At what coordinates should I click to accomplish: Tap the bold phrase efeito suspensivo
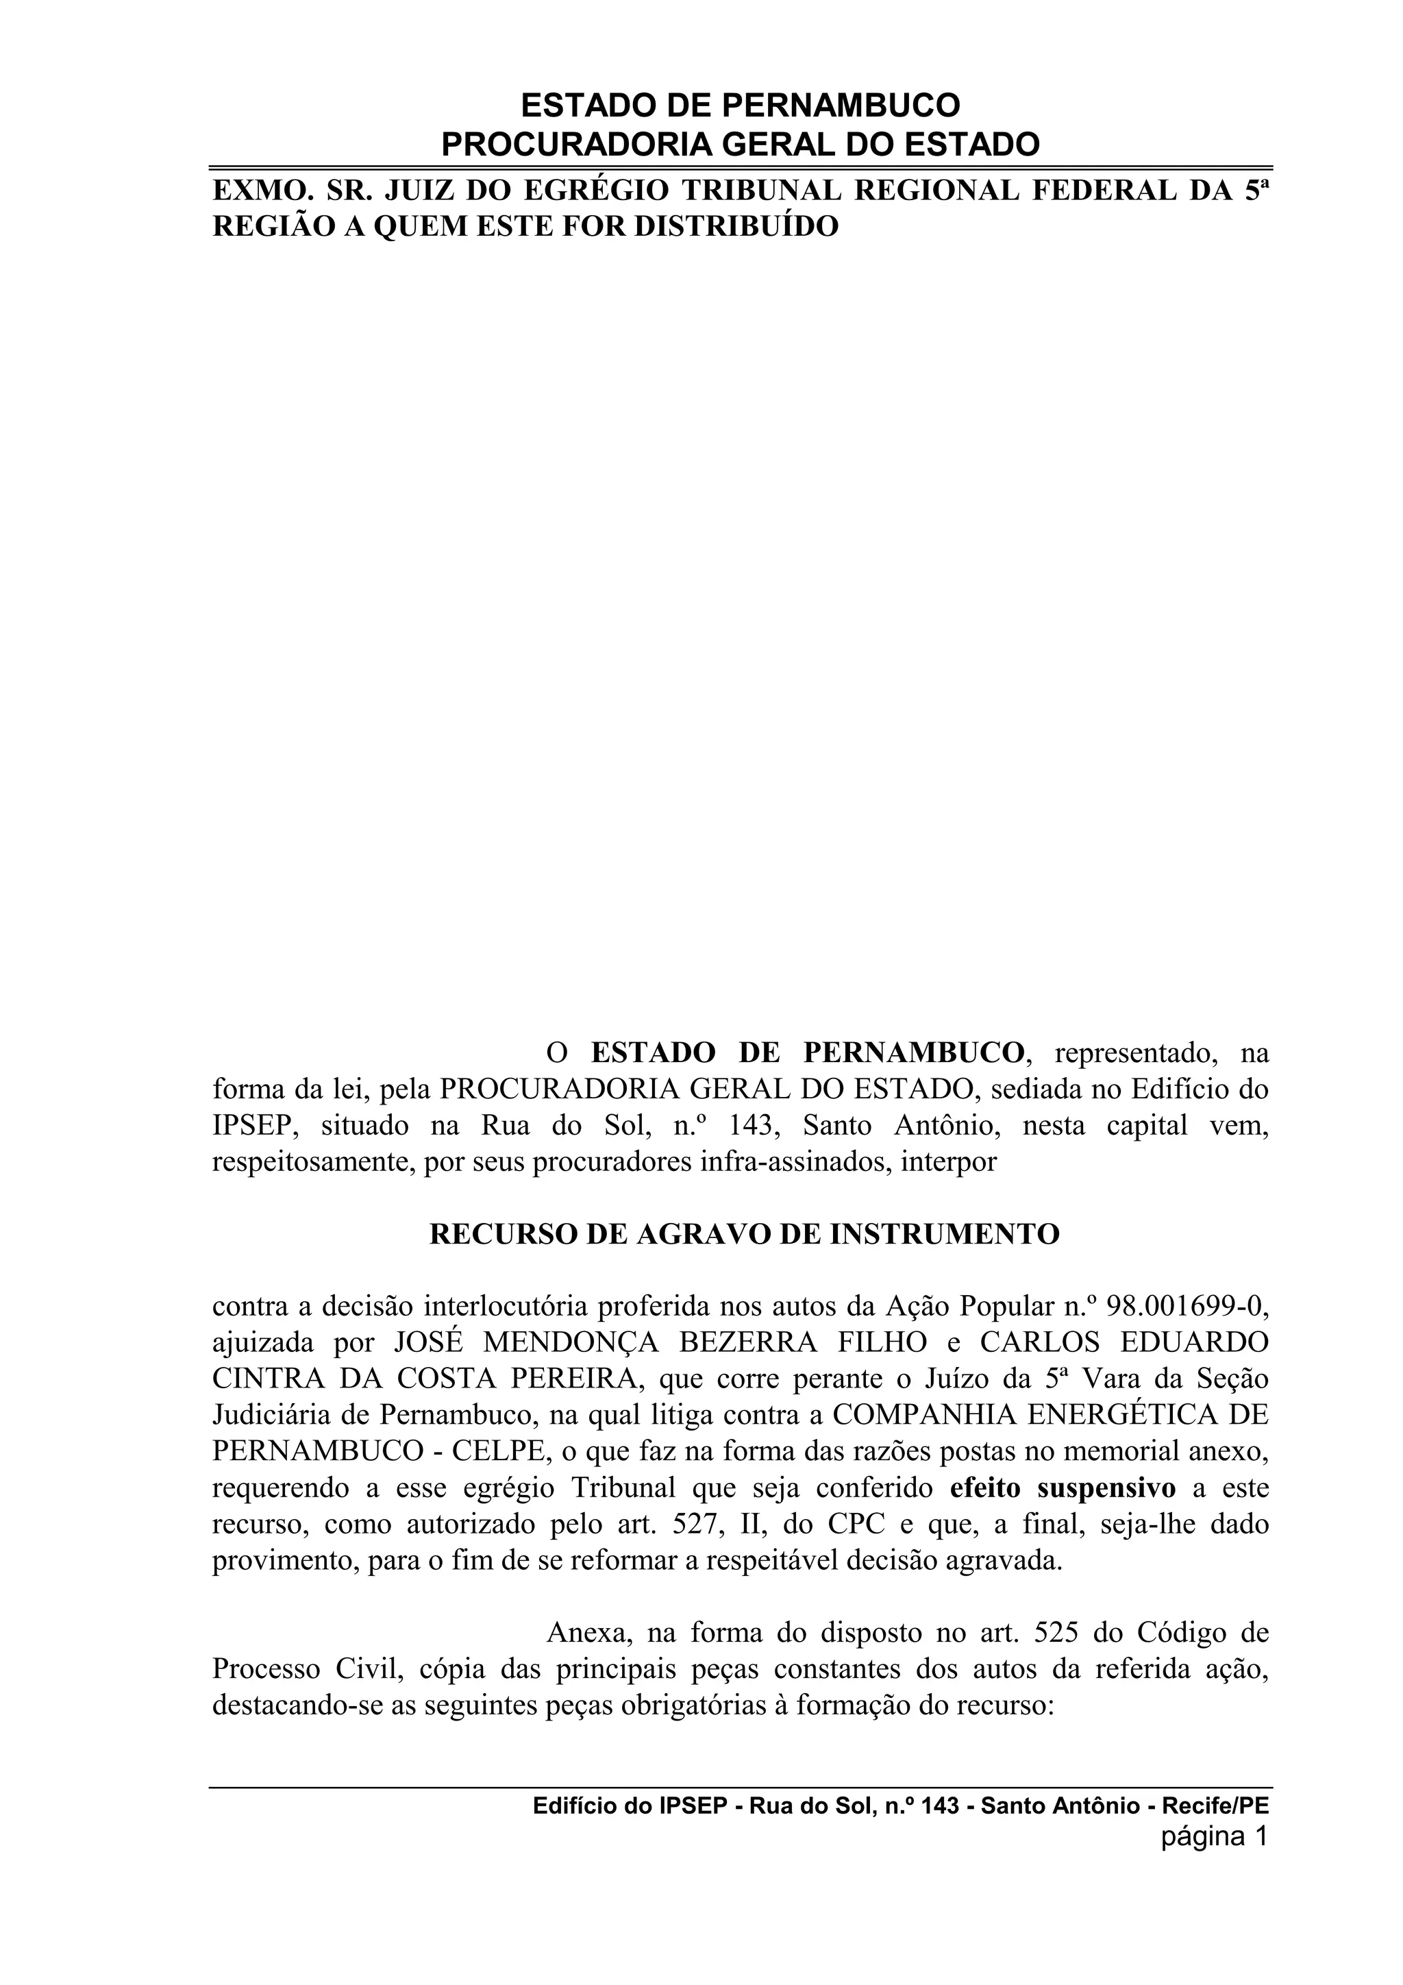[1063, 1489]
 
